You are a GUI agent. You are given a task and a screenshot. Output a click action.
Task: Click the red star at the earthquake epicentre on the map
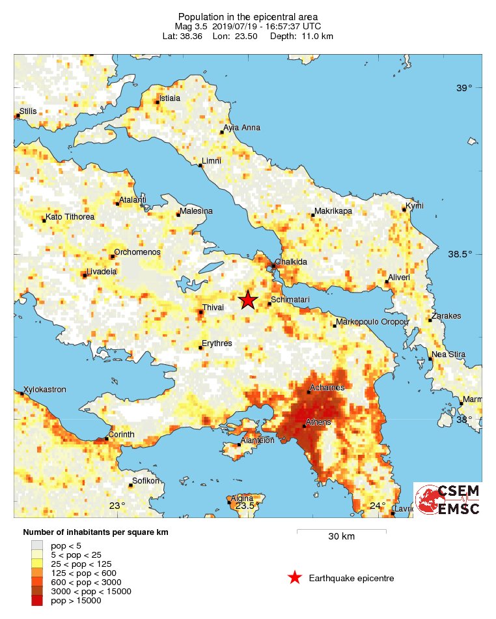247,300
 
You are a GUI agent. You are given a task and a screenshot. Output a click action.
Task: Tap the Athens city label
319,422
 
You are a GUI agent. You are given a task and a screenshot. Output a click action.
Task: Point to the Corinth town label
122,435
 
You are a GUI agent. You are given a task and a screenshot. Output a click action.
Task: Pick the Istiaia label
170,98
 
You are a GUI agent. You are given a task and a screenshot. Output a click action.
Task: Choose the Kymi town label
415,206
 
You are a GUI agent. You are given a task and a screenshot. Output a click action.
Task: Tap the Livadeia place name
101,272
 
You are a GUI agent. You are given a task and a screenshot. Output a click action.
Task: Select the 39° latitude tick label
464,88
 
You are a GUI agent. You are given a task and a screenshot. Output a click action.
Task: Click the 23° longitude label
117,506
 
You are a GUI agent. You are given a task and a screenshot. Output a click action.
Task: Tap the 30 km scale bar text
341,537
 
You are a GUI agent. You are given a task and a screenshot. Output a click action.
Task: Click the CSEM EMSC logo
448,500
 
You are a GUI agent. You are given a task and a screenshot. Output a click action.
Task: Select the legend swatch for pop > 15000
37,601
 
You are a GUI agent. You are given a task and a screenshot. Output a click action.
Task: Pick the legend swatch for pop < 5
37,545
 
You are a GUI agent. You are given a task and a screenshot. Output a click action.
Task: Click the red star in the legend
295,577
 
